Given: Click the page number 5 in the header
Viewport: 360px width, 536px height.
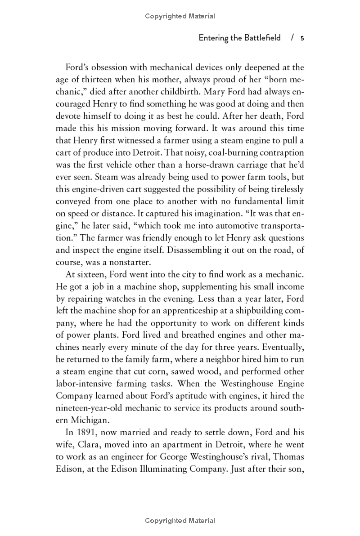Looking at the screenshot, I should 302,38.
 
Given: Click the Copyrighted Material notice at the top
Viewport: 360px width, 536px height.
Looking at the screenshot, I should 180,16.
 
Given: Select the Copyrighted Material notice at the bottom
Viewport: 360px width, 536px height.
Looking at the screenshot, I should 180,521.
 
